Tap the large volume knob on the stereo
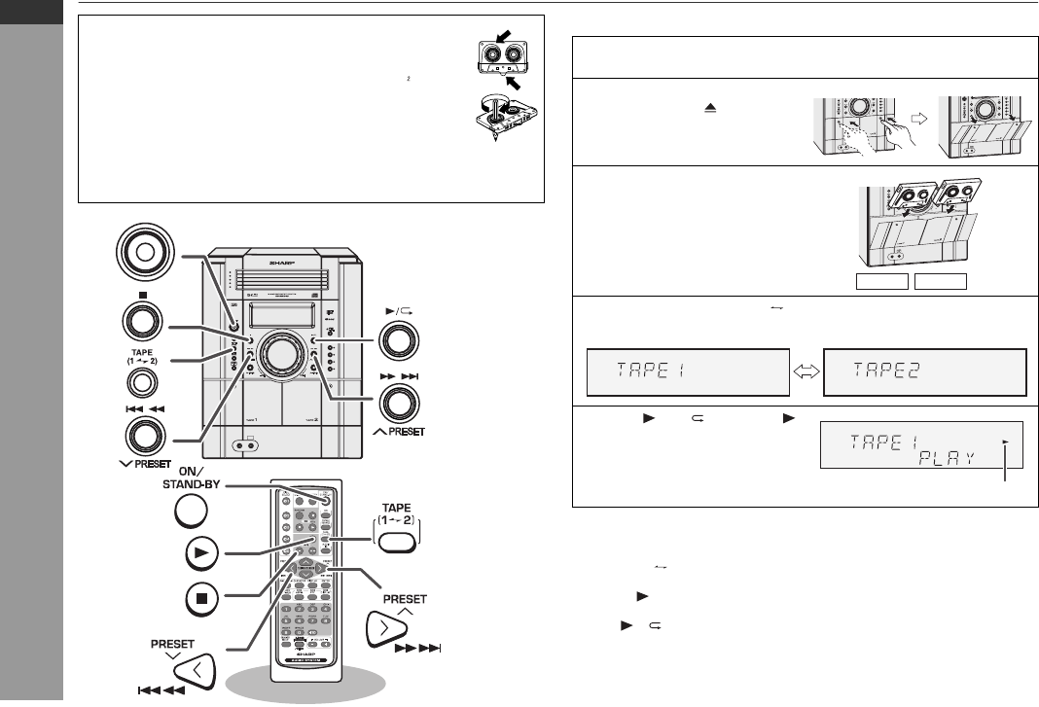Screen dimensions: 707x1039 [x=282, y=355]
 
